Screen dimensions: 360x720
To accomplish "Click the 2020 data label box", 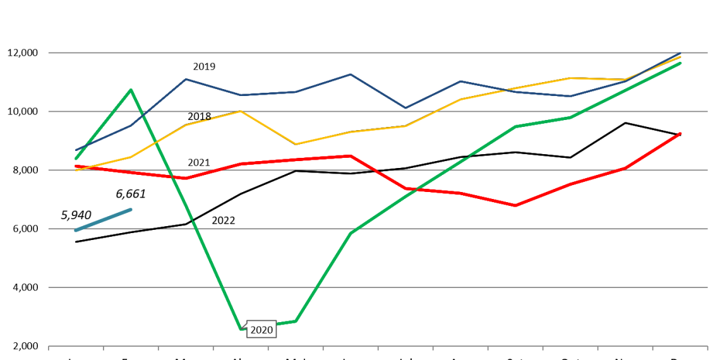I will [x=261, y=330].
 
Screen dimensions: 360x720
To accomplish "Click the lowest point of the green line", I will [x=241, y=328].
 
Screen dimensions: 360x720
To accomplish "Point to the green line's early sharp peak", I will [x=131, y=90].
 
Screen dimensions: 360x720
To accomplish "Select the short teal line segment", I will [x=103, y=220].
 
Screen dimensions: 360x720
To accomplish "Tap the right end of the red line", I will [x=680, y=133].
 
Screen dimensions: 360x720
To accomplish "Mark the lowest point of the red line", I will [x=515, y=205].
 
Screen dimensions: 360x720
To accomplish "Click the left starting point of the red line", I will [x=76, y=166].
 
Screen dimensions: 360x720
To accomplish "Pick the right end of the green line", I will [x=680, y=63].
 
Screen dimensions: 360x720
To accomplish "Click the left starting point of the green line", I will [x=76, y=159].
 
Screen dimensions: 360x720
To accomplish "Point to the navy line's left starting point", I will [x=76, y=150].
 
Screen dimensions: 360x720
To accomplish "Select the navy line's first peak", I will [x=185, y=79].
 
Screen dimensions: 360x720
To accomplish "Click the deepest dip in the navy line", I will [x=405, y=108].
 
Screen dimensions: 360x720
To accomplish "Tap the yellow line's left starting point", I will [x=76, y=171].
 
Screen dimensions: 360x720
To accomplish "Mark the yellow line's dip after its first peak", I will [x=296, y=144].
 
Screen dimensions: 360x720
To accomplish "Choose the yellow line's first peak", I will [x=241, y=111].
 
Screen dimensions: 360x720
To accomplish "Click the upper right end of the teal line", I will [x=130, y=210].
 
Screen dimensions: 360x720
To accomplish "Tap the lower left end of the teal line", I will [x=76, y=231].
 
